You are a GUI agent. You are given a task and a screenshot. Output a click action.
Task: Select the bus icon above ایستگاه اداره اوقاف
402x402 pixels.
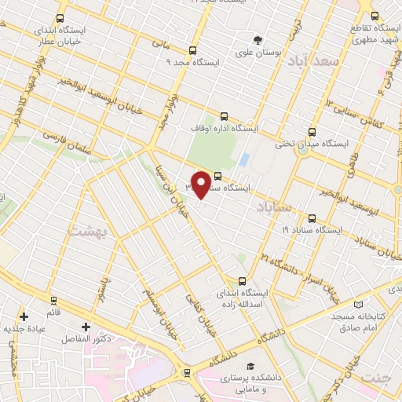[x=225, y=115]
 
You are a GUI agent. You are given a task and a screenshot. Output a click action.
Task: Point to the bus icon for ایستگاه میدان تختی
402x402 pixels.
[x=312, y=131]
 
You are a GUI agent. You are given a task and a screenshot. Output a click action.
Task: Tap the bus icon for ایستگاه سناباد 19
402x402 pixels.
[x=312, y=218]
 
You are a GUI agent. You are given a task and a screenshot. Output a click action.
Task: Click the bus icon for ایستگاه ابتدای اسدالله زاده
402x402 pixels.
[x=242, y=280]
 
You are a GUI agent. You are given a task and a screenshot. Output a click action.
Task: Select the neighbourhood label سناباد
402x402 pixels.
[x=272, y=206]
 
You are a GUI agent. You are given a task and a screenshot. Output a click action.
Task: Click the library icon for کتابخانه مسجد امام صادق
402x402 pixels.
[x=359, y=304]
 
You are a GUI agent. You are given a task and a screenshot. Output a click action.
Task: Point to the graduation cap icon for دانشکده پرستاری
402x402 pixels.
[x=250, y=366]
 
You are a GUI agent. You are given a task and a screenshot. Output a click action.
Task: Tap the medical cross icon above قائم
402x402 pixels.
[x=24, y=317]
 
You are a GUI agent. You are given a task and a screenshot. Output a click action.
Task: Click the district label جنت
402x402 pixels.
[x=375, y=378]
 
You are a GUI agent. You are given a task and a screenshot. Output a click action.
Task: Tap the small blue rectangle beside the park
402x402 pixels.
[x=244, y=159]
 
